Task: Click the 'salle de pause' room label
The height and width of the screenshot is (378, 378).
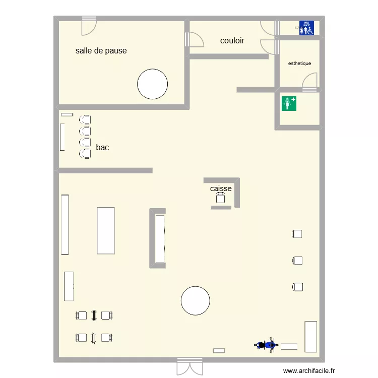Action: (101, 51)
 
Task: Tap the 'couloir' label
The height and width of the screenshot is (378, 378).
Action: (232, 40)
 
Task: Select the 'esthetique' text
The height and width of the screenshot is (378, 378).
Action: (299, 64)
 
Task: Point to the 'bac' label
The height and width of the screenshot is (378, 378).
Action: (102, 148)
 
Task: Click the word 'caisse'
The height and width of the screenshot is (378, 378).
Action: (221, 188)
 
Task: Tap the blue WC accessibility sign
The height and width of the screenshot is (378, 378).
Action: (306, 28)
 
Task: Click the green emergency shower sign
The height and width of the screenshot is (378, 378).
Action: (289, 103)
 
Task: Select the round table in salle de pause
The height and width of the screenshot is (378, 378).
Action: (153, 84)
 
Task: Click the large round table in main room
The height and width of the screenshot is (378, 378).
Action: (195, 301)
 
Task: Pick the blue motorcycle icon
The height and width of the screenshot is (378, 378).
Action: (266, 345)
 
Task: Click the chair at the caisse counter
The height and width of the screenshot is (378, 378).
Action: (220, 199)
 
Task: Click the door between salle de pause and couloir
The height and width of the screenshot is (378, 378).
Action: (194, 39)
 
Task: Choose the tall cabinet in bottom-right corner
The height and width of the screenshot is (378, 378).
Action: (310, 337)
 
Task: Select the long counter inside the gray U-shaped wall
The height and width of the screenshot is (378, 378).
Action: (160, 238)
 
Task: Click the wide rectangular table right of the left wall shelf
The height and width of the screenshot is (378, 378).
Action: (106, 230)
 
